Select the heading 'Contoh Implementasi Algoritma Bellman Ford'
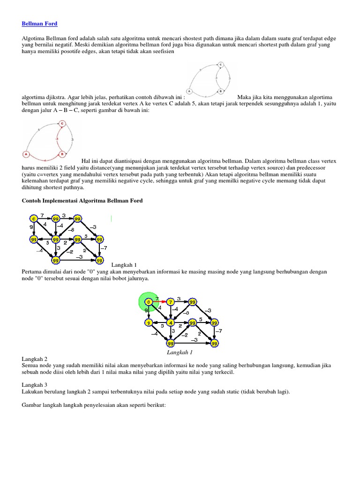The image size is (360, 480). point(82,201)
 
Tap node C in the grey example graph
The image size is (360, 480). point(220,65)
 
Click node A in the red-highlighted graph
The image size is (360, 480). point(26,154)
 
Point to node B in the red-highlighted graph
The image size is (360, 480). point(61,153)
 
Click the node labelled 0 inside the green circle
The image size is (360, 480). point(148,301)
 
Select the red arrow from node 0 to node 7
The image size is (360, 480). point(159,301)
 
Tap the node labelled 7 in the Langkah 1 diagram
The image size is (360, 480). point(171,301)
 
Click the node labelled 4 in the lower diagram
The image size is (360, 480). point(171,323)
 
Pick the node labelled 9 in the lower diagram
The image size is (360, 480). point(148,323)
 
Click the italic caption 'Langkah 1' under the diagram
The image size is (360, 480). point(180,352)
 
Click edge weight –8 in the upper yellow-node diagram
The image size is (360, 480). point(71,230)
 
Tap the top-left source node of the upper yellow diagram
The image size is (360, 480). point(33,218)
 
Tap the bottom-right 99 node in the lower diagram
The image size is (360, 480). point(214,344)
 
